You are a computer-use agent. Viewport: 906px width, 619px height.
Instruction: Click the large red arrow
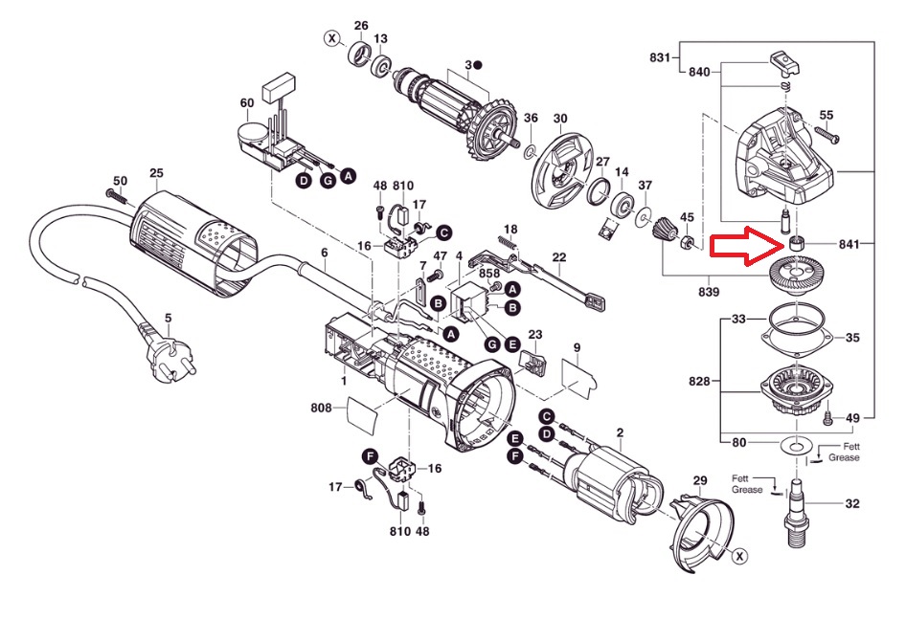(747, 246)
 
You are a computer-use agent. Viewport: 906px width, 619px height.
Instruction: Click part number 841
(849, 244)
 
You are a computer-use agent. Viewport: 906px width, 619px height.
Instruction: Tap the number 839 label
(709, 292)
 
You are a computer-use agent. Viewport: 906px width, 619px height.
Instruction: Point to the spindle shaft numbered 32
(796, 512)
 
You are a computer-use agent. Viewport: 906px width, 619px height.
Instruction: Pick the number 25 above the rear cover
(156, 172)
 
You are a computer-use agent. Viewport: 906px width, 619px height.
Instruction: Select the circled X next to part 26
(331, 38)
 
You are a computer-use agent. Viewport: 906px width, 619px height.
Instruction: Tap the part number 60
(247, 102)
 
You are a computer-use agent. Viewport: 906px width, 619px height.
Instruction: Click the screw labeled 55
(827, 135)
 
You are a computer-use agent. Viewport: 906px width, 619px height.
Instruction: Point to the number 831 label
(660, 57)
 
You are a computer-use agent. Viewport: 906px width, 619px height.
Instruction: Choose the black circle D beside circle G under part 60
(304, 181)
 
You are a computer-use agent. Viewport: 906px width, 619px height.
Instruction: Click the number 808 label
(321, 408)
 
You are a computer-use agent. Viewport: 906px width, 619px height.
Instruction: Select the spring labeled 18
(508, 244)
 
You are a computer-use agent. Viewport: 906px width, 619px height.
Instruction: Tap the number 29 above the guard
(700, 480)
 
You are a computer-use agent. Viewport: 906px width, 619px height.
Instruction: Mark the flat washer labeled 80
(796, 445)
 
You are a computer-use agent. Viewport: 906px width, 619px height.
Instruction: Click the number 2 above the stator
(620, 432)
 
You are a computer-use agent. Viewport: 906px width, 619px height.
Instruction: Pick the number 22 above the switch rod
(558, 257)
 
